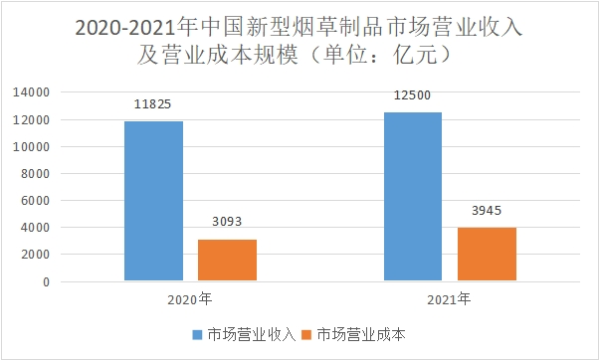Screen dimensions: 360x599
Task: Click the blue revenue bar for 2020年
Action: click(x=154, y=201)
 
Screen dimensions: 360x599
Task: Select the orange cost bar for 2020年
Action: click(x=227, y=261)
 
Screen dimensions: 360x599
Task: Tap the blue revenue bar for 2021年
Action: click(x=414, y=197)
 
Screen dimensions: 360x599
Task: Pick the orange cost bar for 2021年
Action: click(x=487, y=255)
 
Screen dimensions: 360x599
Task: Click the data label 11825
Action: click(x=154, y=103)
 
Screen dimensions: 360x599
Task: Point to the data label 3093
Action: click(x=227, y=222)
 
